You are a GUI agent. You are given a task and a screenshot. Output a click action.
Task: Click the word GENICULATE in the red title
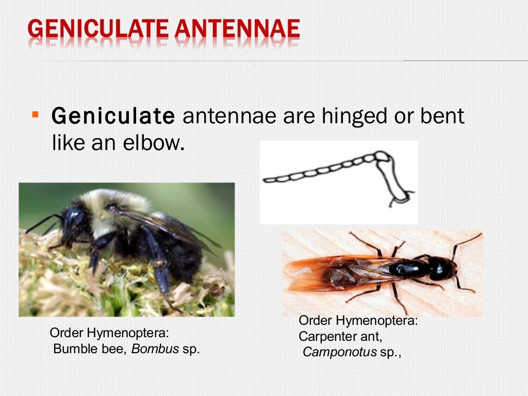click(x=98, y=29)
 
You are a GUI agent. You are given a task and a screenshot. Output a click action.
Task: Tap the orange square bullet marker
click(x=35, y=112)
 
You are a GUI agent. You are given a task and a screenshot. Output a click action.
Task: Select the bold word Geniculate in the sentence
click(x=113, y=117)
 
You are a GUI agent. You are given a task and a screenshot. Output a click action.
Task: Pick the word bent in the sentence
click(x=444, y=117)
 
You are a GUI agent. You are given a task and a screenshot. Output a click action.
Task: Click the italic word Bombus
click(x=155, y=349)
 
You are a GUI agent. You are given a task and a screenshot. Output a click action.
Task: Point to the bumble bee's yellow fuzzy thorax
click(x=124, y=206)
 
